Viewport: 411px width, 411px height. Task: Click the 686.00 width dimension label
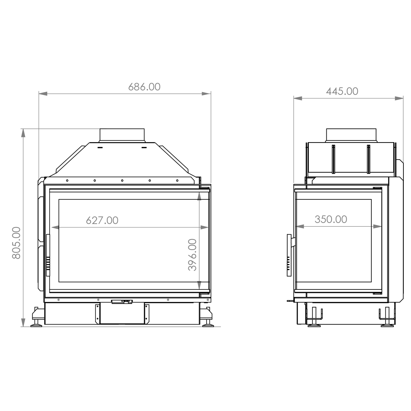tap(144, 87)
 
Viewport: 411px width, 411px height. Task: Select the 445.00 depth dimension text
tap(342, 91)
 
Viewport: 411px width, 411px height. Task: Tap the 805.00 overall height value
tap(16, 243)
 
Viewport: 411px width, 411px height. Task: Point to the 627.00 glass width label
tap(102, 220)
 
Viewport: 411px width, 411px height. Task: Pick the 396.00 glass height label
tap(192, 255)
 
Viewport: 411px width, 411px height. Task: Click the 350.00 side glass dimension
tap(331, 220)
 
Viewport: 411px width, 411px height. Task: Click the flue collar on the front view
tap(122, 135)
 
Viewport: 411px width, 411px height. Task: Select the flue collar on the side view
tap(351, 135)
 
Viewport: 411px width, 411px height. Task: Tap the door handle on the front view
tap(48, 255)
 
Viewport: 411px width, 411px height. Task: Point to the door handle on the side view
tap(289, 255)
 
